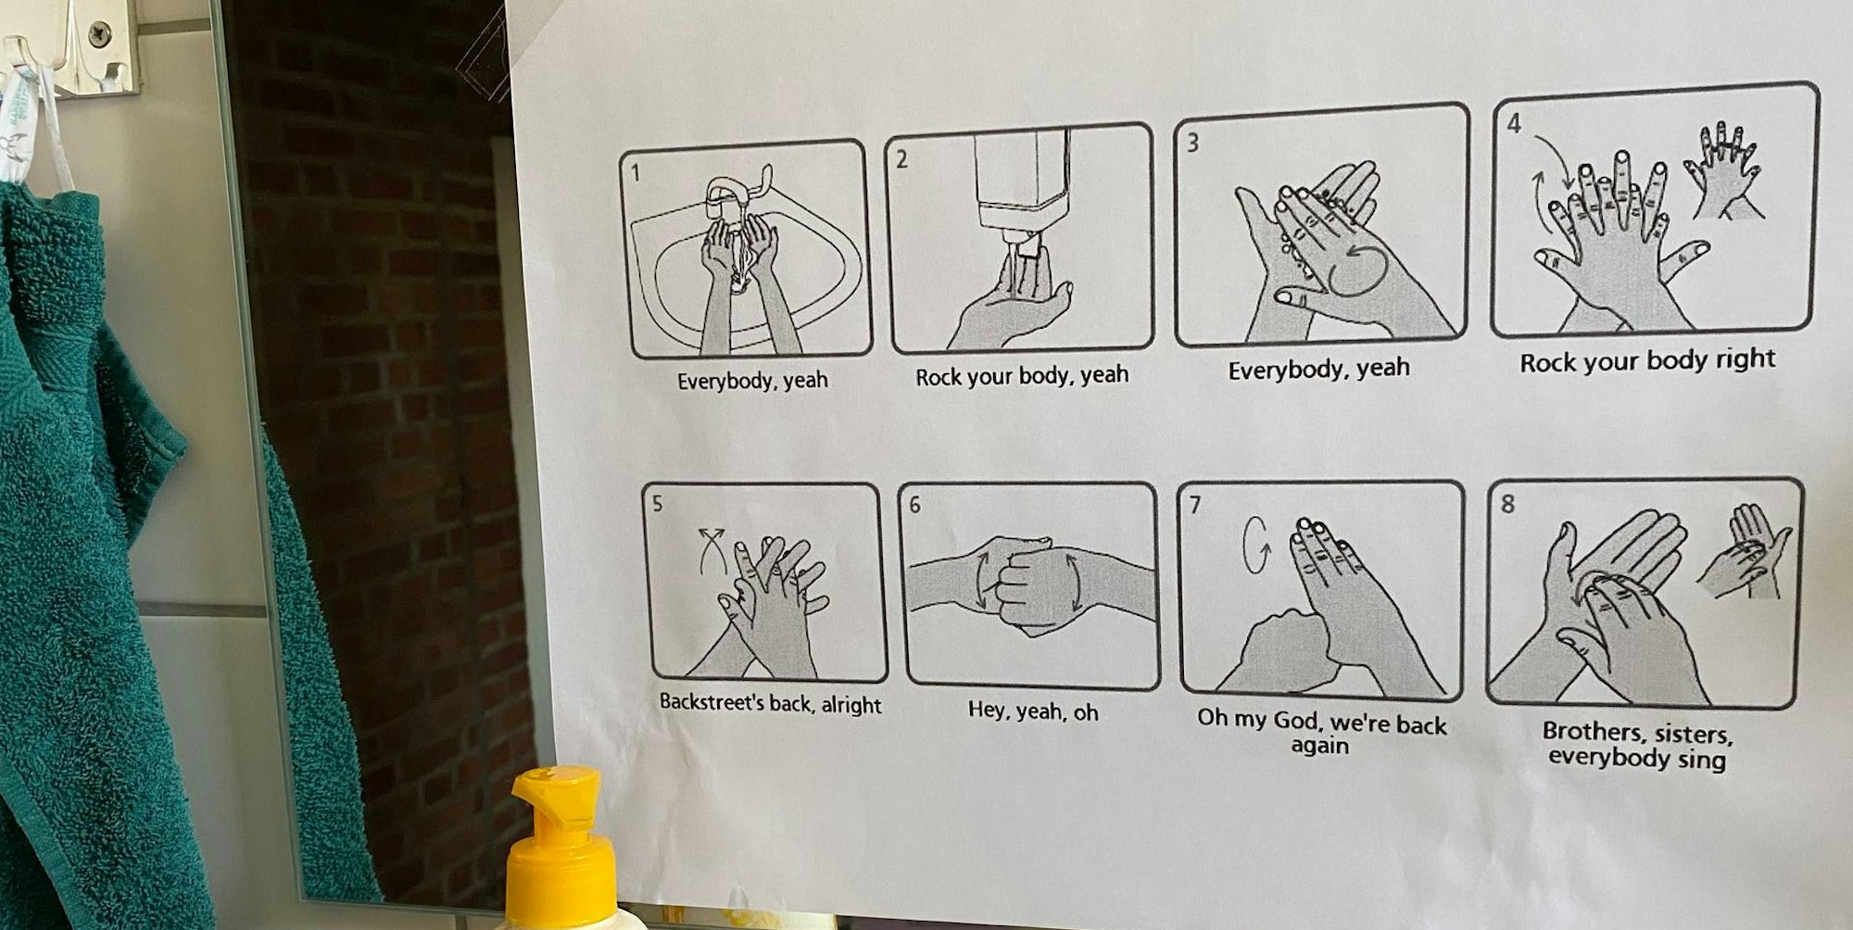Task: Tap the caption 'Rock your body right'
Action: click(1647, 360)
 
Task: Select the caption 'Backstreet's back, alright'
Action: click(770, 704)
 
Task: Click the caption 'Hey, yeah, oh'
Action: click(1033, 711)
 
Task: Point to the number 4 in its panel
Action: click(1514, 123)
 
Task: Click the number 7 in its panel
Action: click(1195, 505)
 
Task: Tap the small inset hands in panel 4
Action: click(1724, 171)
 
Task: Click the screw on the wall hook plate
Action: click(99, 35)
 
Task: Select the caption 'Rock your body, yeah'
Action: click(1022, 376)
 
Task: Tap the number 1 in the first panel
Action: click(636, 172)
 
